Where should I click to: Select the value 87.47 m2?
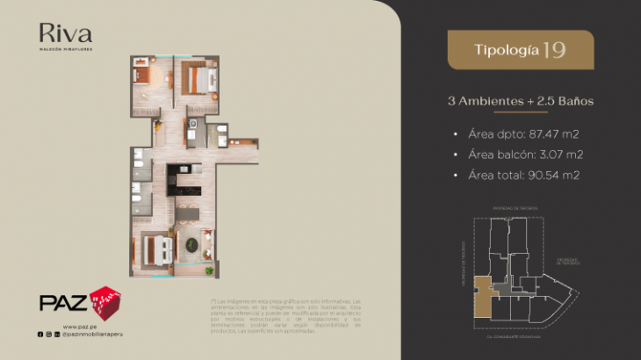pyautogui.click(x=554, y=134)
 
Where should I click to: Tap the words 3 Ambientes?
pyautogui.click(x=481, y=101)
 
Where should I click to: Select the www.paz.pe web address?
pyautogui.click(x=54, y=325)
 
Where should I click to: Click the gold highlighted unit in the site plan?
pyautogui.click(x=483, y=287)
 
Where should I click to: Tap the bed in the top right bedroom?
pyautogui.click(x=200, y=79)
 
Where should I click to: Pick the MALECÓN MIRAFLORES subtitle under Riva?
pyautogui.click(x=65, y=49)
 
